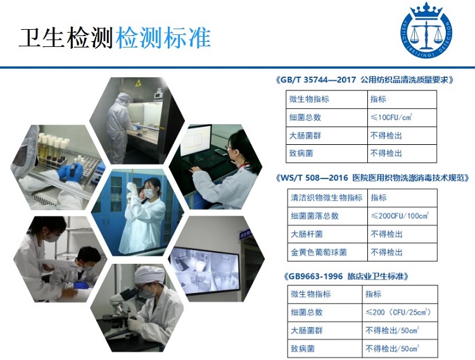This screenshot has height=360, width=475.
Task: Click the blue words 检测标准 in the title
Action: (163, 38)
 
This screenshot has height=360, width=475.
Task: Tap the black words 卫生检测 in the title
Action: (66, 38)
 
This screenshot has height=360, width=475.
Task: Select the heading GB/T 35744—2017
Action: (318, 80)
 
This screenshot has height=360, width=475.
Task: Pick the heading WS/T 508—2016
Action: (314, 178)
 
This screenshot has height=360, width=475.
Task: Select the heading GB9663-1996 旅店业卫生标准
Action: (346, 276)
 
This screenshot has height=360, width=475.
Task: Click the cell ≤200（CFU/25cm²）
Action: (398, 312)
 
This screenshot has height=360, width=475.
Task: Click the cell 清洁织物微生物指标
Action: (327, 197)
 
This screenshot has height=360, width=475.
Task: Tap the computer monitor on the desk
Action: (196, 140)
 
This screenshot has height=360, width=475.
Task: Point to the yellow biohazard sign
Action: (139, 82)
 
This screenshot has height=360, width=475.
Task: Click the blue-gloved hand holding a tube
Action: (70, 171)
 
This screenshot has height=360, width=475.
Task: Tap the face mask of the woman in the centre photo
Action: (149, 194)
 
